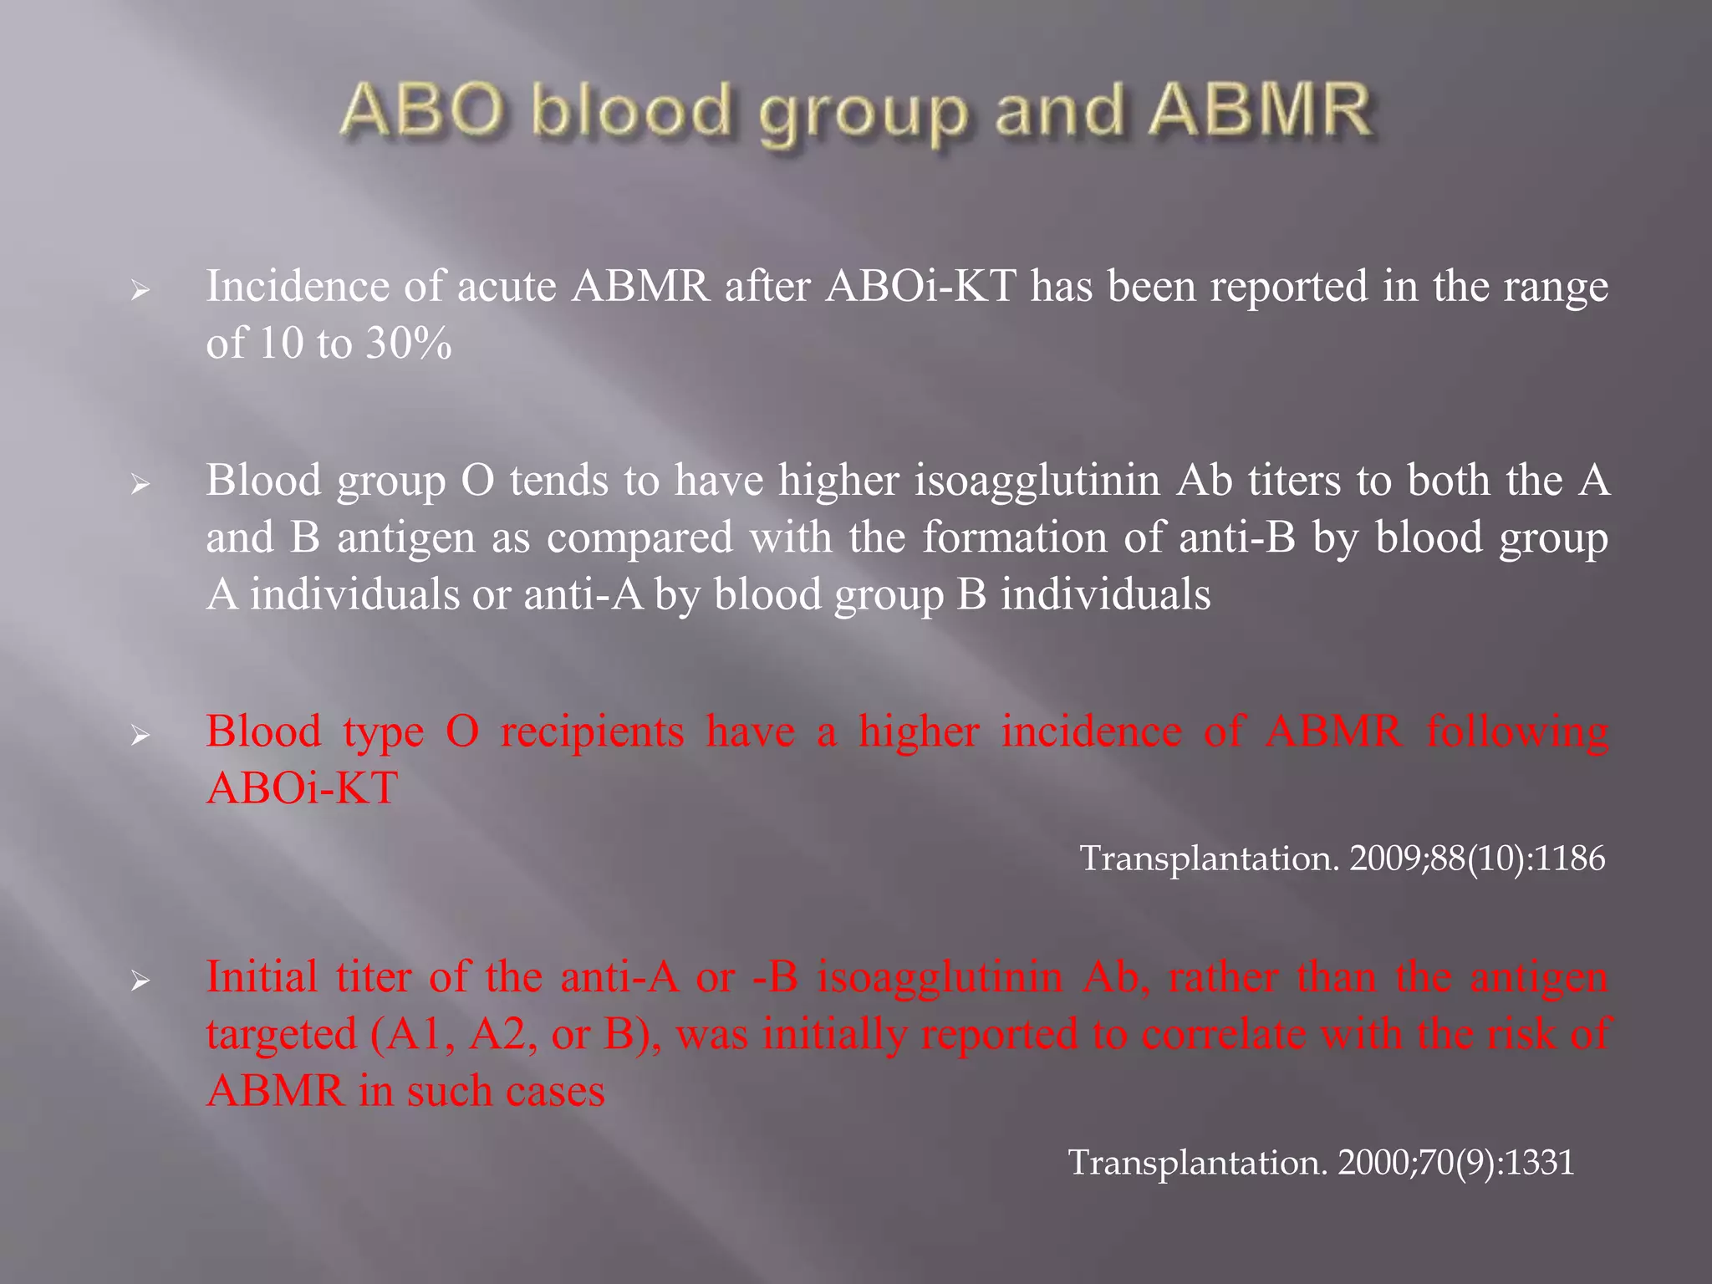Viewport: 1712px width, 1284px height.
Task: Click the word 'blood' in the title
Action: (x=630, y=111)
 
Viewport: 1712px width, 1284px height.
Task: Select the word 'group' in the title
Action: (x=863, y=117)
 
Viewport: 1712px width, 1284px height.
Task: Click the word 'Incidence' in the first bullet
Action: (x=298, y=286)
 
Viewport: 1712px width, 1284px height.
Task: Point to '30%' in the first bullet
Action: (x=409, y=343)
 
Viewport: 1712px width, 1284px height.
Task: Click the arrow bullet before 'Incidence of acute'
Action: (x=140, y=290)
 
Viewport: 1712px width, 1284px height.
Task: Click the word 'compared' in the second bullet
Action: (x=639, y=538)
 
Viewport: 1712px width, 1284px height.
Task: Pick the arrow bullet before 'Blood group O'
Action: (x=140, y=485)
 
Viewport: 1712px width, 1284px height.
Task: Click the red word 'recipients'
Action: (x=592, y=731)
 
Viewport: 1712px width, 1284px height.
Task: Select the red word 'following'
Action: (x=1517, y=731)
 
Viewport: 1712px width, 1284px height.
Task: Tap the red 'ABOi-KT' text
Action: (x=302, y=788)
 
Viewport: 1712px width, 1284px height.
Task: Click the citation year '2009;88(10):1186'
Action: (x=1477, y=859)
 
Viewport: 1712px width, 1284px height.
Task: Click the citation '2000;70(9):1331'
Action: (x=1456, y=1162)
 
